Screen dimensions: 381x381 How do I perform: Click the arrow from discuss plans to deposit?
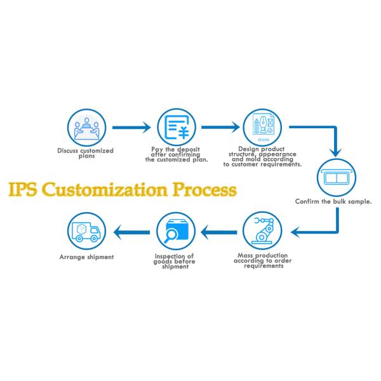130,128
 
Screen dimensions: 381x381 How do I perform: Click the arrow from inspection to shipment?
130,233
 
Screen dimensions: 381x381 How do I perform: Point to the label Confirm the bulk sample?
333,201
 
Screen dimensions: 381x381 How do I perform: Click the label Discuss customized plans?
84,153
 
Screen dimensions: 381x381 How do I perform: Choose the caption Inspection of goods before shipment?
173,261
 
